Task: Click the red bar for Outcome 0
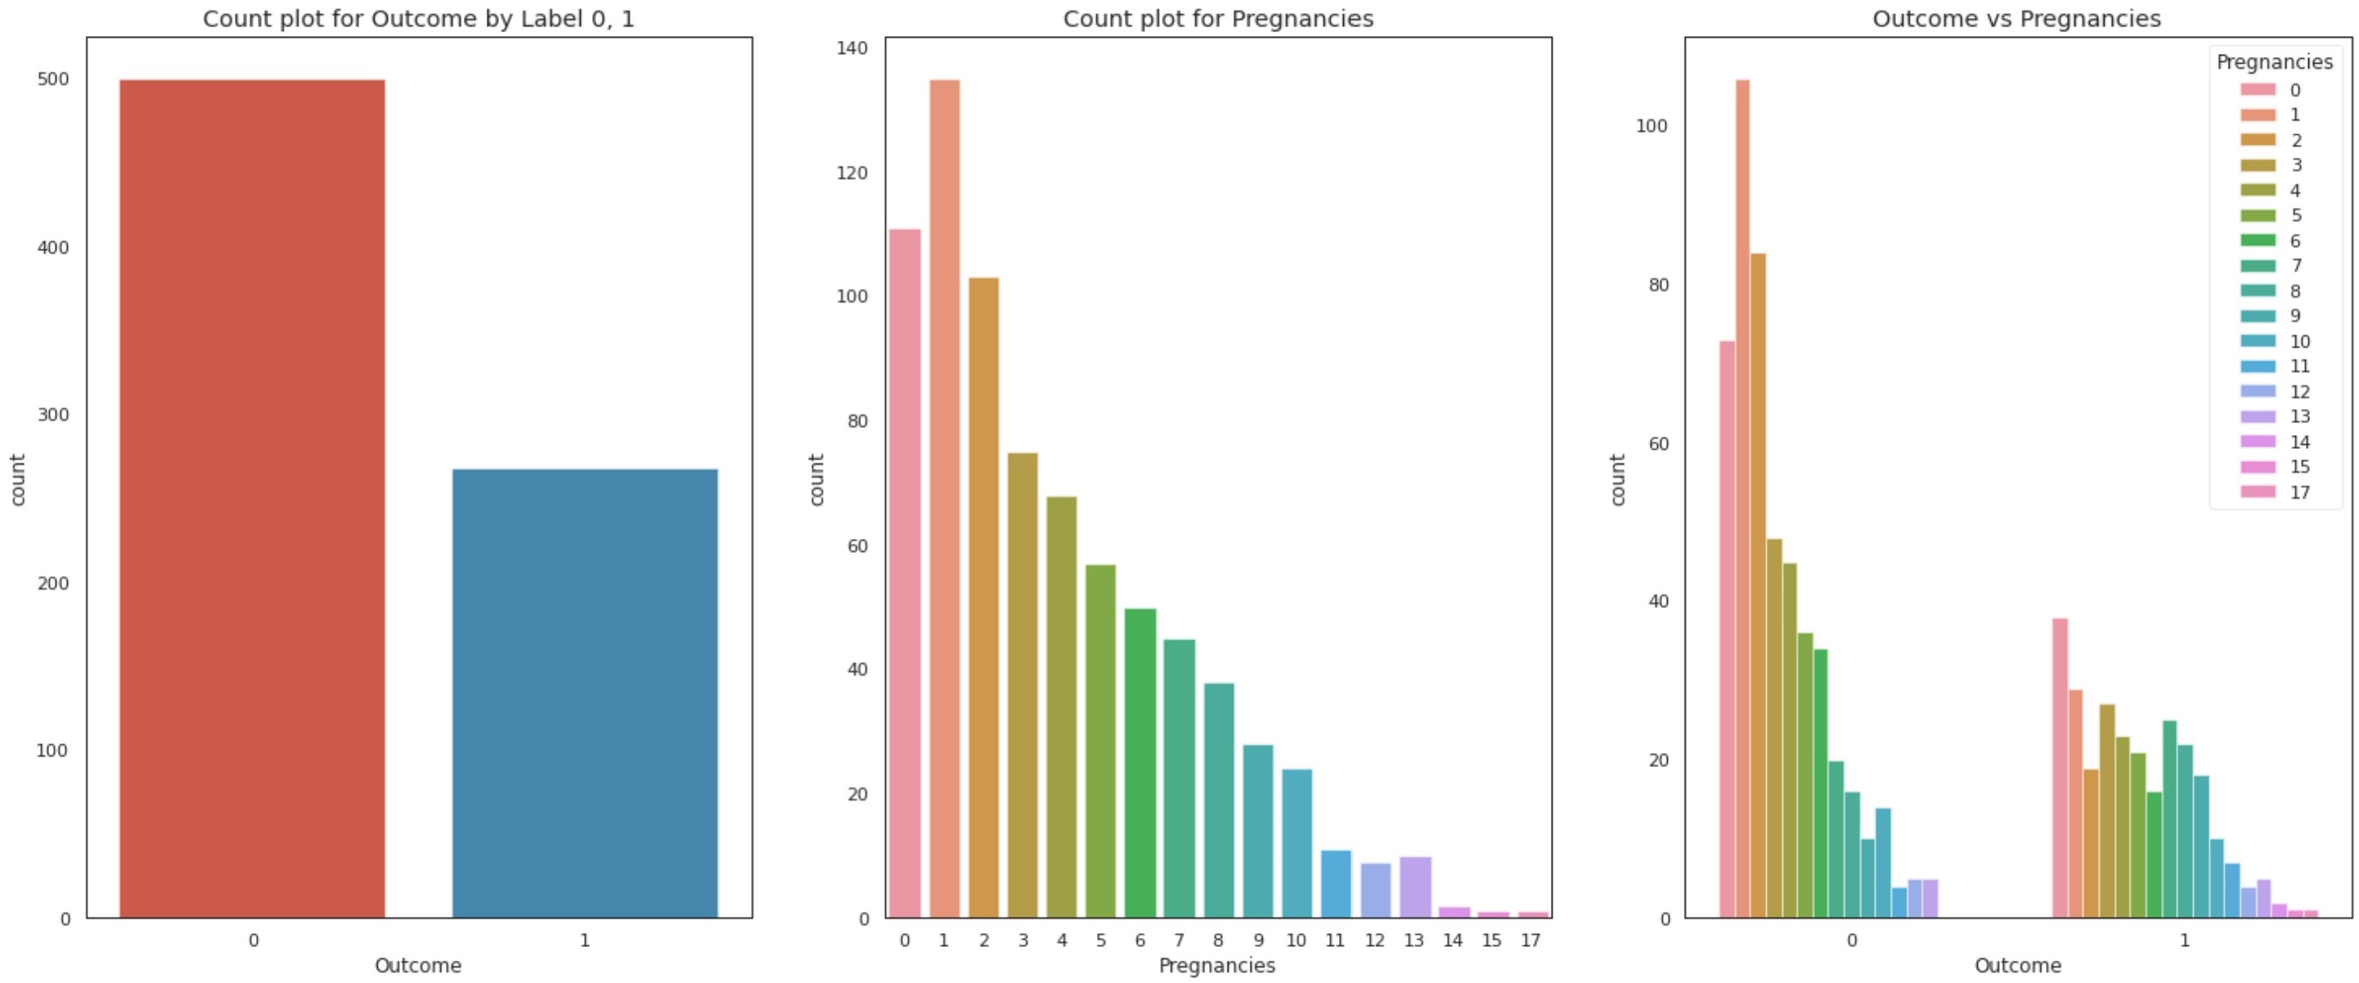(252, 499)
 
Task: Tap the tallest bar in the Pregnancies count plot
(944, 499)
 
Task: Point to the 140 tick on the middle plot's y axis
(851, 48)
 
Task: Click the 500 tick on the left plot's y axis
(53, 79)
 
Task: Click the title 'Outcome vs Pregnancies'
(2016, 18)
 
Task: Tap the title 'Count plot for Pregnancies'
(1218, 18)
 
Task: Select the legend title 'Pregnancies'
(2274, 62)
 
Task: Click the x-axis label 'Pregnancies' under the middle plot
(1216, 966)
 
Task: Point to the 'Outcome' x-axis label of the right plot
(2017, 966)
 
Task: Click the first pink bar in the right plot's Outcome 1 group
(2060, 768)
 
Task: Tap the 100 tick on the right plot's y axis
(1651, 125)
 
